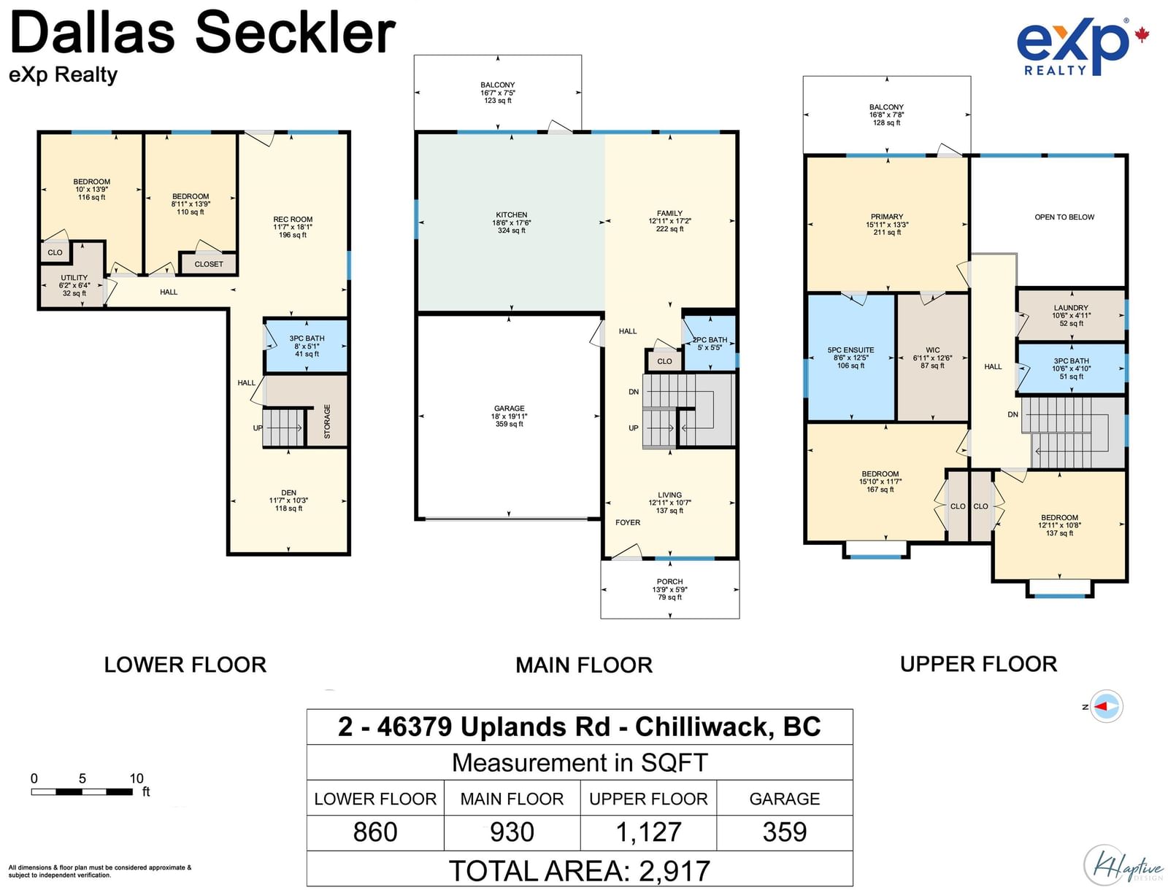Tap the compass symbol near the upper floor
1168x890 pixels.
point(1106,706)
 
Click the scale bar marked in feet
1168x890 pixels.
point(82,792)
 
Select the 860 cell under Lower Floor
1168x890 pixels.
point(375,832)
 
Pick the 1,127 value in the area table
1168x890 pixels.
point(648,832)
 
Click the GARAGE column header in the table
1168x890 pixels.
point(784,799)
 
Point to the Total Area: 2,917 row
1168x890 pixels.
point(580,870)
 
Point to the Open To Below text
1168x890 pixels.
point(1064,217)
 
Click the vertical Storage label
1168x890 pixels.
point(327,422)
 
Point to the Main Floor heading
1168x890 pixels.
point(584,665)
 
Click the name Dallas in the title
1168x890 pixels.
point(92,33)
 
